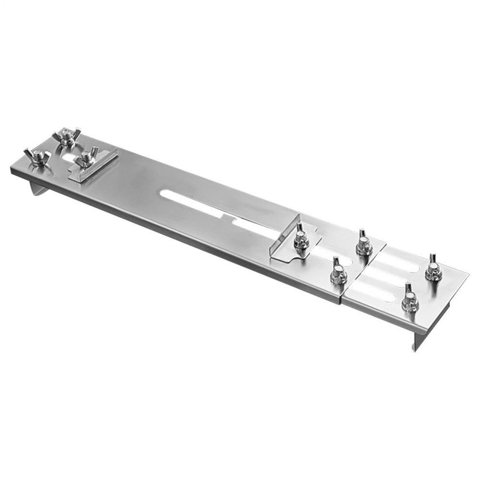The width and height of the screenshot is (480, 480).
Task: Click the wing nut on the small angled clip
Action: (87, 158)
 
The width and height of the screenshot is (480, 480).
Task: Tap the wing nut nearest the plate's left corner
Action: (37, 157)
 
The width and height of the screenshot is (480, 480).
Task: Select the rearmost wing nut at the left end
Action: (69, 138)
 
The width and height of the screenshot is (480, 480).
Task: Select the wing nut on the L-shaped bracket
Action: (301, 238)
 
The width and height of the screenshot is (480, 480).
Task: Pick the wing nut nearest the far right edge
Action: (433, 270)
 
